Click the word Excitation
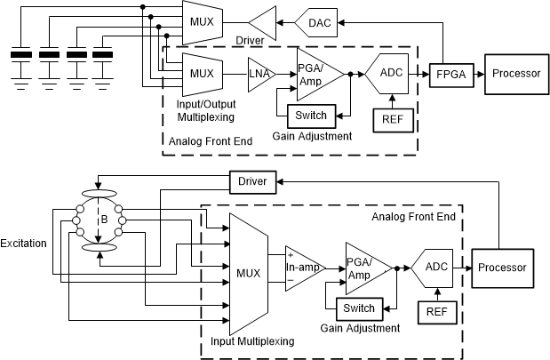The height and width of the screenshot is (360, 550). pyautogui.click(x=24, y=243)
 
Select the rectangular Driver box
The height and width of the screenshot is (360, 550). pyautogui.click(x=253, y=181)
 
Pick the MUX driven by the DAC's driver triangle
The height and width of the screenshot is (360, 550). pyautogui.click(x=201, y=16)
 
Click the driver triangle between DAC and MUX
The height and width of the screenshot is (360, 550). pyautogui.click(x=264, y=20)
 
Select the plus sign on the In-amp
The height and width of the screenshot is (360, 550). pyautogui.click(x=291, y=255)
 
